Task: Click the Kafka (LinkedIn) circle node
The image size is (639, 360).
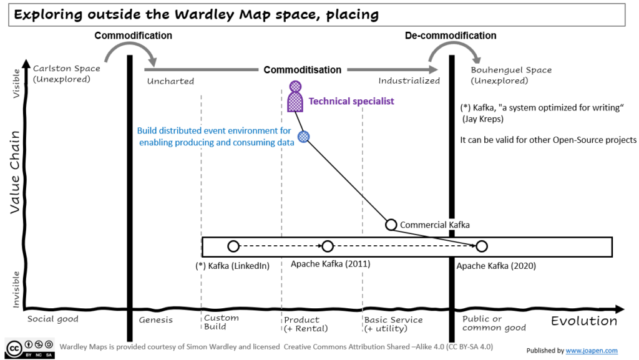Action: (233, 246)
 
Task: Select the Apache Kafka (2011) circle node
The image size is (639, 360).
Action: (328, 246)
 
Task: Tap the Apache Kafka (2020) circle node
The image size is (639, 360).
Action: (481, 246)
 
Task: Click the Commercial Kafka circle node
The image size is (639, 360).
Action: (391, 225)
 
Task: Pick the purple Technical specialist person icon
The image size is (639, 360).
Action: (295, 97)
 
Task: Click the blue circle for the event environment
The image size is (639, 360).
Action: (304, 137)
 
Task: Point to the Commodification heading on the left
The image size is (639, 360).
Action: (133, 36)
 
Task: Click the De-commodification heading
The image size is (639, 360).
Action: (451, 36)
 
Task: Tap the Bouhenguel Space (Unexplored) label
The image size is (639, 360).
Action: (511, 75)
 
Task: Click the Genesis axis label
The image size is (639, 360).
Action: (156, 320)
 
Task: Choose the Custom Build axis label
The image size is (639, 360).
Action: (222, 323)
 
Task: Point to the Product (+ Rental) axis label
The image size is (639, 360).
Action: (306, 324)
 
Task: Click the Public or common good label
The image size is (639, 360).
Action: (494, 323)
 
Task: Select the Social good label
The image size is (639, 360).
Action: (53, 319)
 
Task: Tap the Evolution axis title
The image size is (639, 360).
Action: (583, 321)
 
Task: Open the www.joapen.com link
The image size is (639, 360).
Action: (592, 351)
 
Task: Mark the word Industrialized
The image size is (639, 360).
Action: (409, 80)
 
